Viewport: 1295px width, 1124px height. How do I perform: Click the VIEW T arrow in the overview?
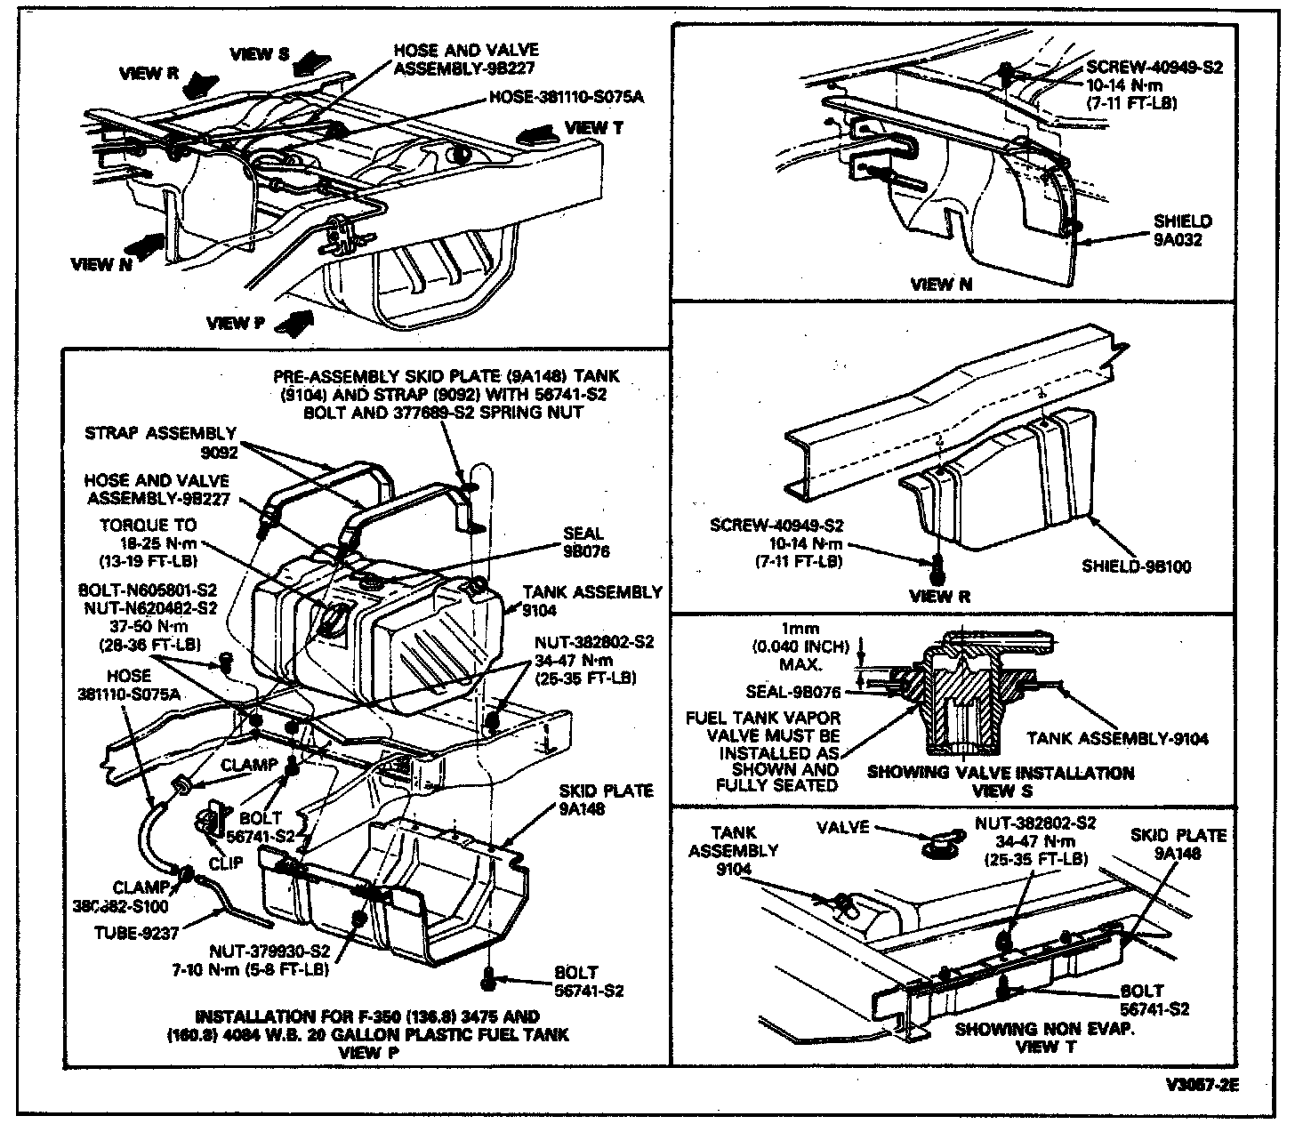(x=539, y=134)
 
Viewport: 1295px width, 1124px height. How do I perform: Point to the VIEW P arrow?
(x=295, y=323)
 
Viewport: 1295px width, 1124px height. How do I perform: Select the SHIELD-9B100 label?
(x=1135, y=566)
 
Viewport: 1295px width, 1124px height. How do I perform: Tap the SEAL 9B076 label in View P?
(x=583, y=542)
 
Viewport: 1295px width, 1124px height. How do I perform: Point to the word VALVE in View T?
(x=842, y=827)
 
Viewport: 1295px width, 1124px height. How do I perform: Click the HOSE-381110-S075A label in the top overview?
(x=566, y=96)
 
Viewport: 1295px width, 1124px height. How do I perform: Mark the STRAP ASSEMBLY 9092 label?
(x=161, y=443)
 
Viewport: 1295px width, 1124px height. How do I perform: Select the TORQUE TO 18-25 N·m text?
(x=149, y=542)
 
